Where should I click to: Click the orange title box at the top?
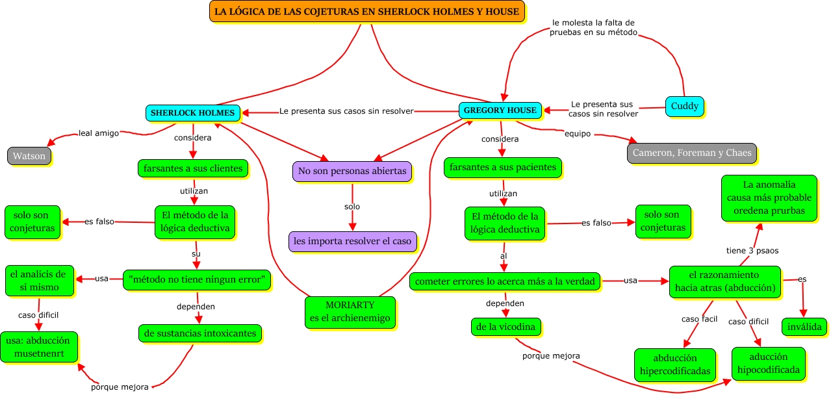366,12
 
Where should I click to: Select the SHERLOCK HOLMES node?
193,112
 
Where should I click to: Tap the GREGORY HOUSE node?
500,110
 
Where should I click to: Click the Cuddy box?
685,106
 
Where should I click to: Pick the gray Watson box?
29,156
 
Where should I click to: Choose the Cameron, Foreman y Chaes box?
691,153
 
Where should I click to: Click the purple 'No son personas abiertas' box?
352,172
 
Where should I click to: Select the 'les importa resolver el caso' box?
352,241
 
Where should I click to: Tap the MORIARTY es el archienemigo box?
351,312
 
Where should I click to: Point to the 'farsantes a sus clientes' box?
193,168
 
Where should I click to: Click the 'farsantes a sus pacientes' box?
503,168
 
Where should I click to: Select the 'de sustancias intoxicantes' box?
200,333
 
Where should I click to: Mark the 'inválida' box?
804,327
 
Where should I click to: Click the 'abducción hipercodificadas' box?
675,364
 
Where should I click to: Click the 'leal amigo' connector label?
99,133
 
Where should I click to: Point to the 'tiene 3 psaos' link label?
752,250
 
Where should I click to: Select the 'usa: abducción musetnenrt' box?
40,347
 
